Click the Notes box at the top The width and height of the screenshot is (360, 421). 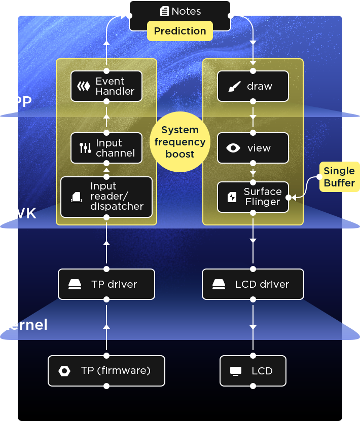[x=180, y=12]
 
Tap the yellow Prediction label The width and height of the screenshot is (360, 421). [x=180, y=31]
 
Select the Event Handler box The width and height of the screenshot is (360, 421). [x=106, y=86]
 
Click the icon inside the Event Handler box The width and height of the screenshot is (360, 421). [x=83, y=86]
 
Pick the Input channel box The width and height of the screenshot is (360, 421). [x=106, y=148]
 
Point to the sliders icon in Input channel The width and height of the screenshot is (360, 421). [x=85, y=148]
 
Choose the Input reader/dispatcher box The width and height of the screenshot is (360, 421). [x=106, y=197]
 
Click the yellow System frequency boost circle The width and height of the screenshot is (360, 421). [x=180, y=142]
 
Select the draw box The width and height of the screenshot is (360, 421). [x=253, y=86]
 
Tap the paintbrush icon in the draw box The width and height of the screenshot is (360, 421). [x=234, y=87]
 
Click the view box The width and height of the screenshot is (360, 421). [x=253, y=148]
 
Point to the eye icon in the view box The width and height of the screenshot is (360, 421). [x=233, y=148]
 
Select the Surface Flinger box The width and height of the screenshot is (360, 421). [x=253, y=197]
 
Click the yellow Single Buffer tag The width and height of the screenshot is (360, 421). [x=339, y=177]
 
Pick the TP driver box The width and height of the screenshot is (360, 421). [x=106, y=284]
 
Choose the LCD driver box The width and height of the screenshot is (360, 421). [x=253, y=284]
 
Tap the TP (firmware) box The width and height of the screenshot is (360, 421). [x=106, y=371]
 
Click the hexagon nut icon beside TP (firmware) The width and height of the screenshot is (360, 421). [x=64, y=371]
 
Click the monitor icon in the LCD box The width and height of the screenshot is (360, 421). [x=236, y=371]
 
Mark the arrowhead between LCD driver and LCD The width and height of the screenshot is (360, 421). [x=253, y=327]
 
